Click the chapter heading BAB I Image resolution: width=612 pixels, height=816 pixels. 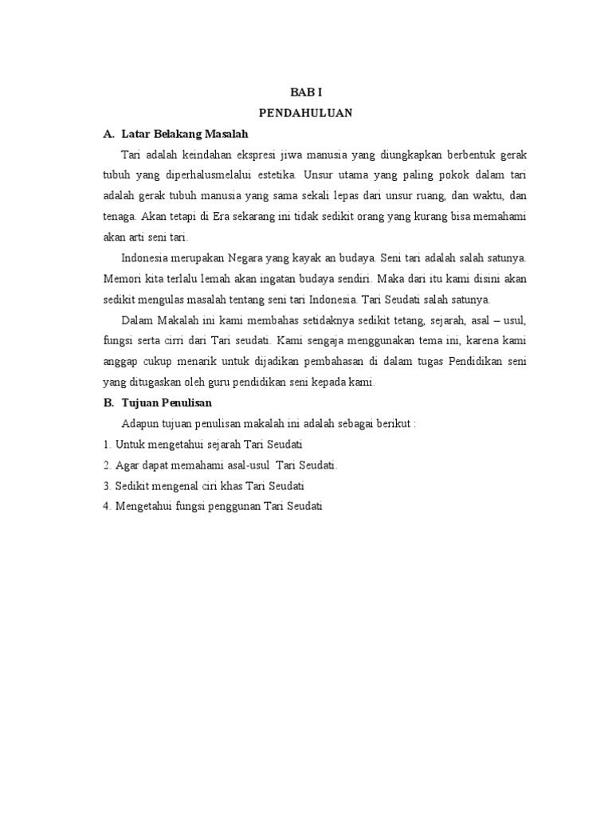pos(305,92)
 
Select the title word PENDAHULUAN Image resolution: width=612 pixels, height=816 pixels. pos(305,113)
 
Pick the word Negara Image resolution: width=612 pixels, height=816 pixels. pos(253,258)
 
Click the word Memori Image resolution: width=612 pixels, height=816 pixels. pos(122,279)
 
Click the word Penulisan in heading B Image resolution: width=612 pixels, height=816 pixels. pos(185,403)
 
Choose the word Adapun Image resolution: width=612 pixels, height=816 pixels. pos(141,423)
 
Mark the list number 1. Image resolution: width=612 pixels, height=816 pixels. pos(106,444)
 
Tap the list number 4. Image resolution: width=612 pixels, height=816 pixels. pos(106,506)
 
